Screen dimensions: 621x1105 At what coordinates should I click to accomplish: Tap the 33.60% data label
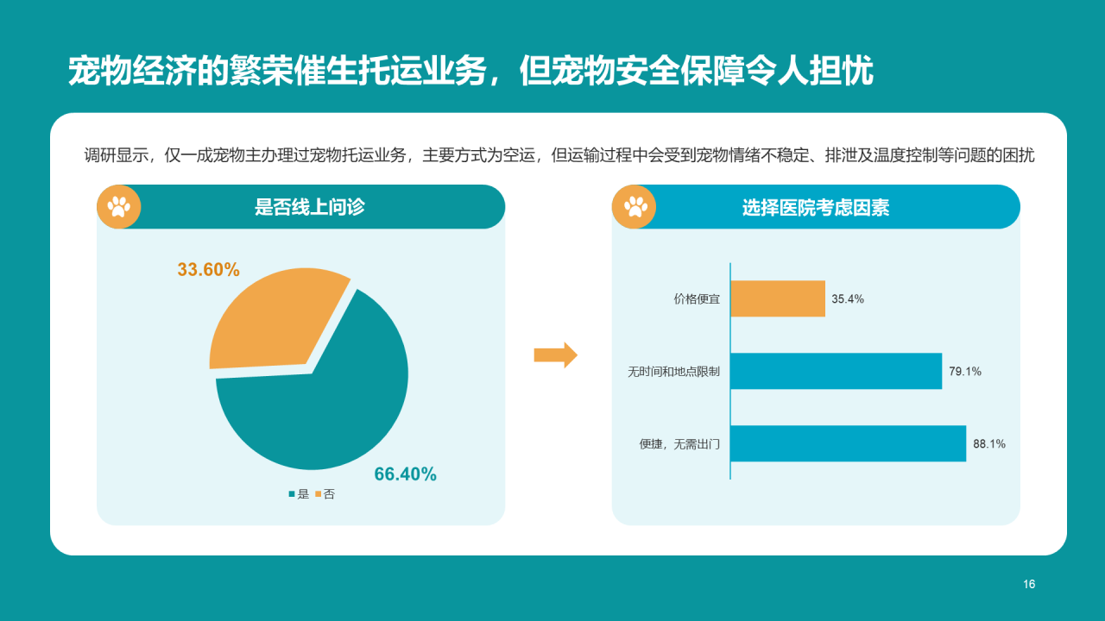click(x=208, y=270)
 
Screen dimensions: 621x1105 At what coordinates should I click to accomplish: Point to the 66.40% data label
click(x=405, y=474)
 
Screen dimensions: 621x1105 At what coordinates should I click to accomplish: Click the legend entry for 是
click(x=299, y=494)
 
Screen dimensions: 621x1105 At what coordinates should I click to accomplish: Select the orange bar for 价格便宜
click(x=778, y=298)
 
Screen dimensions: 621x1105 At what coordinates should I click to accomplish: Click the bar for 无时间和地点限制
click(x=836, y=371)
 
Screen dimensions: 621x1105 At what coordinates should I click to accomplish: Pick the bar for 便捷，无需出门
click(x=848, y=443)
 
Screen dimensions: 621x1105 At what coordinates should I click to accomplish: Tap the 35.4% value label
click(x=848, y=299)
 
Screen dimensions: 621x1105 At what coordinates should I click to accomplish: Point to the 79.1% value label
click(x=965, y=372)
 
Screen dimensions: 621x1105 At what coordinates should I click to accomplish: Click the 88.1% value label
click(x=989, y=444)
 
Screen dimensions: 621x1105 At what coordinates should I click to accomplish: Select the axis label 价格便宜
click(x=697, y=299)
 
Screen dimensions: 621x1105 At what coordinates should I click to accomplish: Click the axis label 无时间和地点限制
click(x=673, y=372)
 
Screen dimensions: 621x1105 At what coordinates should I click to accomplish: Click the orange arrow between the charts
click(x=555, y=354)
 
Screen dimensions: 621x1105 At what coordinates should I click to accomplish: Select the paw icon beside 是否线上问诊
click(x=119, y=207)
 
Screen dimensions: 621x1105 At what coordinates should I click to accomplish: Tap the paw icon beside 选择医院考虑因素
click(x=635, y=207)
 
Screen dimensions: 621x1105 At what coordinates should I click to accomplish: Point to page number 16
click(x=1029, y=585)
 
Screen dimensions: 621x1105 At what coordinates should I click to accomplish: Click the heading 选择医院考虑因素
click(x=816, y=208)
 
